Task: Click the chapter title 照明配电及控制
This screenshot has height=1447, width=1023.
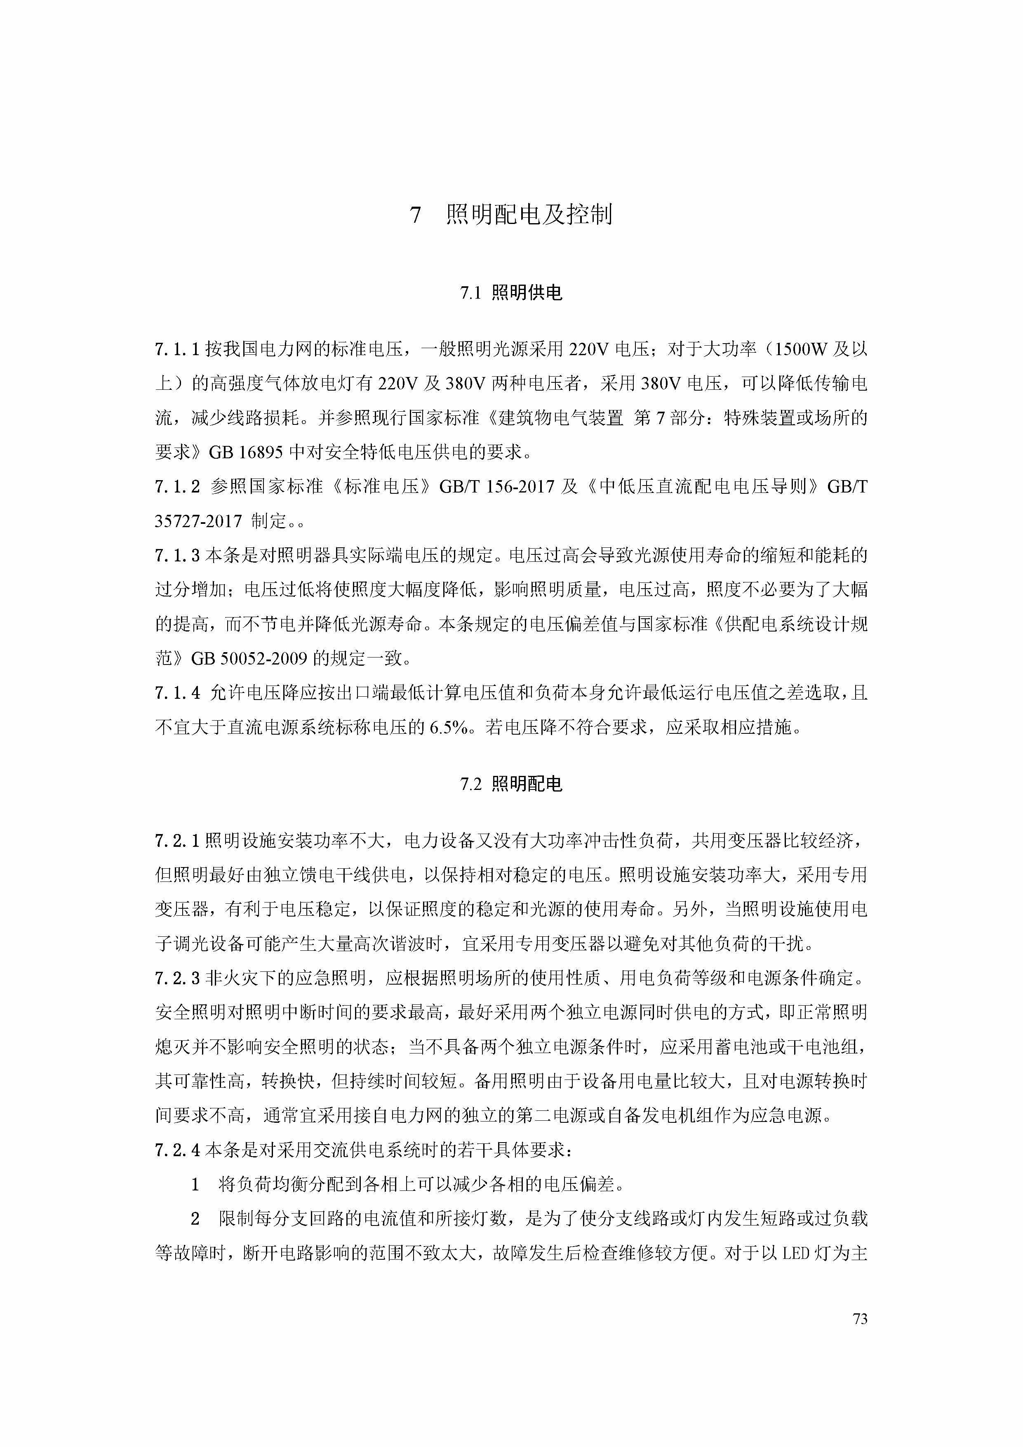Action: tap(529, 215)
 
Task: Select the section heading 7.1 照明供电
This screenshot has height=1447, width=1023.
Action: tap(511, 293)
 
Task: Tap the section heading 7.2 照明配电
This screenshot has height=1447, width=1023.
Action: tap(511, 785)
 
